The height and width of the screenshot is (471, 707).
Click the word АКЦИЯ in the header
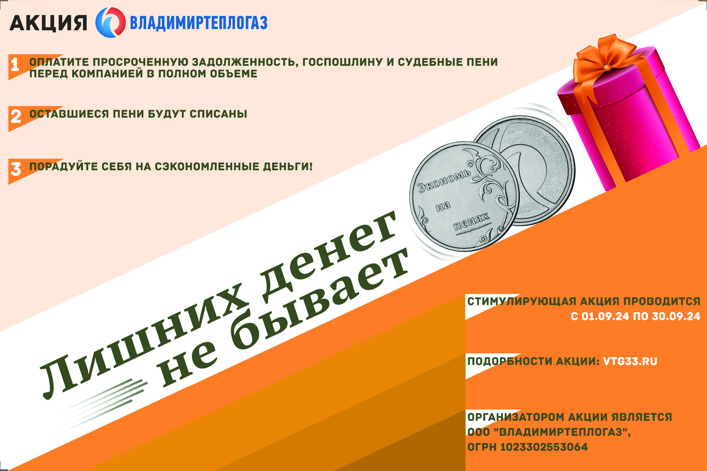48,23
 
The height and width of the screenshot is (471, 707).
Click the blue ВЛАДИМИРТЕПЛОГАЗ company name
199,23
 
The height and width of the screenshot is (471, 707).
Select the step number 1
15,65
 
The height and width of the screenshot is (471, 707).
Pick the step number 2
16,116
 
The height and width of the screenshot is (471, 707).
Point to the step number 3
16,169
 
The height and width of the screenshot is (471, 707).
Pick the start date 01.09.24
605,317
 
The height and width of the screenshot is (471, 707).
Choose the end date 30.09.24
676,317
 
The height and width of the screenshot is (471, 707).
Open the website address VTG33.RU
630,362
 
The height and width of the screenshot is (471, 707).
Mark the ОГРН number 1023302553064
544,447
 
